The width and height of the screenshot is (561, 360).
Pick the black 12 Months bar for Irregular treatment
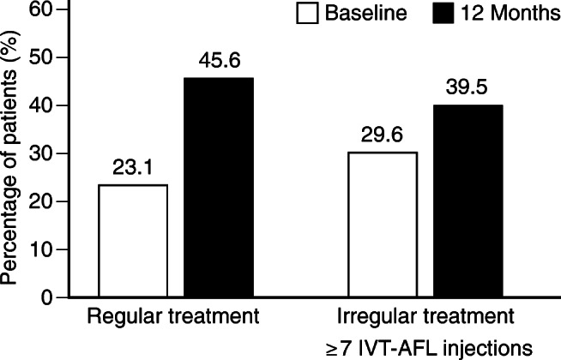pos(467,201)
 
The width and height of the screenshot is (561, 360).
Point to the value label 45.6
pos(217,63)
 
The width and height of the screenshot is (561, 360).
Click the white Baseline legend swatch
pos(306,14)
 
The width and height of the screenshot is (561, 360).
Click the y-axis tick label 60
pos(35,10)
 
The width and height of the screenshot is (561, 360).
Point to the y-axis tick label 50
pos(35,57)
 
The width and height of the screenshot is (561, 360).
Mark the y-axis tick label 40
pos(35,105)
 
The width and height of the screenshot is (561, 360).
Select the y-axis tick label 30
pos(35,153)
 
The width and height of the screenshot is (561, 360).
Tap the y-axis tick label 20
pos(35,201)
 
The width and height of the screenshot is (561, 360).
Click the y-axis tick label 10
pos(35,249)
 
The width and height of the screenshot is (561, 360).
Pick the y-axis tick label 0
pos(40,297)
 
